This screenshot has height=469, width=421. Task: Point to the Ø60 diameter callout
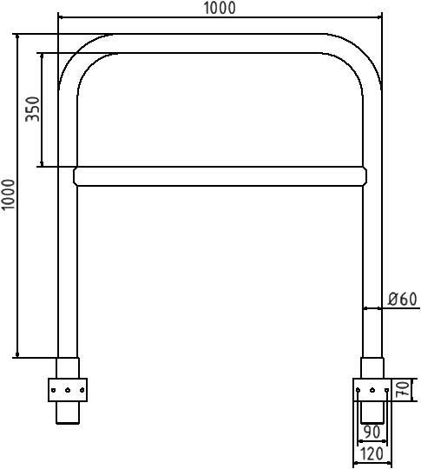coord(402,300)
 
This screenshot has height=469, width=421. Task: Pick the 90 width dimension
coord(372,432)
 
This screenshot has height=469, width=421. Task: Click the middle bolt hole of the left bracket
coord(68,391)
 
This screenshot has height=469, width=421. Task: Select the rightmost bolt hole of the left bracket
coord(81,391)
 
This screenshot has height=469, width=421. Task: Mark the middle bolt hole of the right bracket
coord(372,391)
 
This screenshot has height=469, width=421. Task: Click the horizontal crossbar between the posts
coord(220,176)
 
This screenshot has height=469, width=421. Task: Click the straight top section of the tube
coord(221,43)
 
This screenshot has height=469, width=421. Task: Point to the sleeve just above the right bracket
coord(372,367)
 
